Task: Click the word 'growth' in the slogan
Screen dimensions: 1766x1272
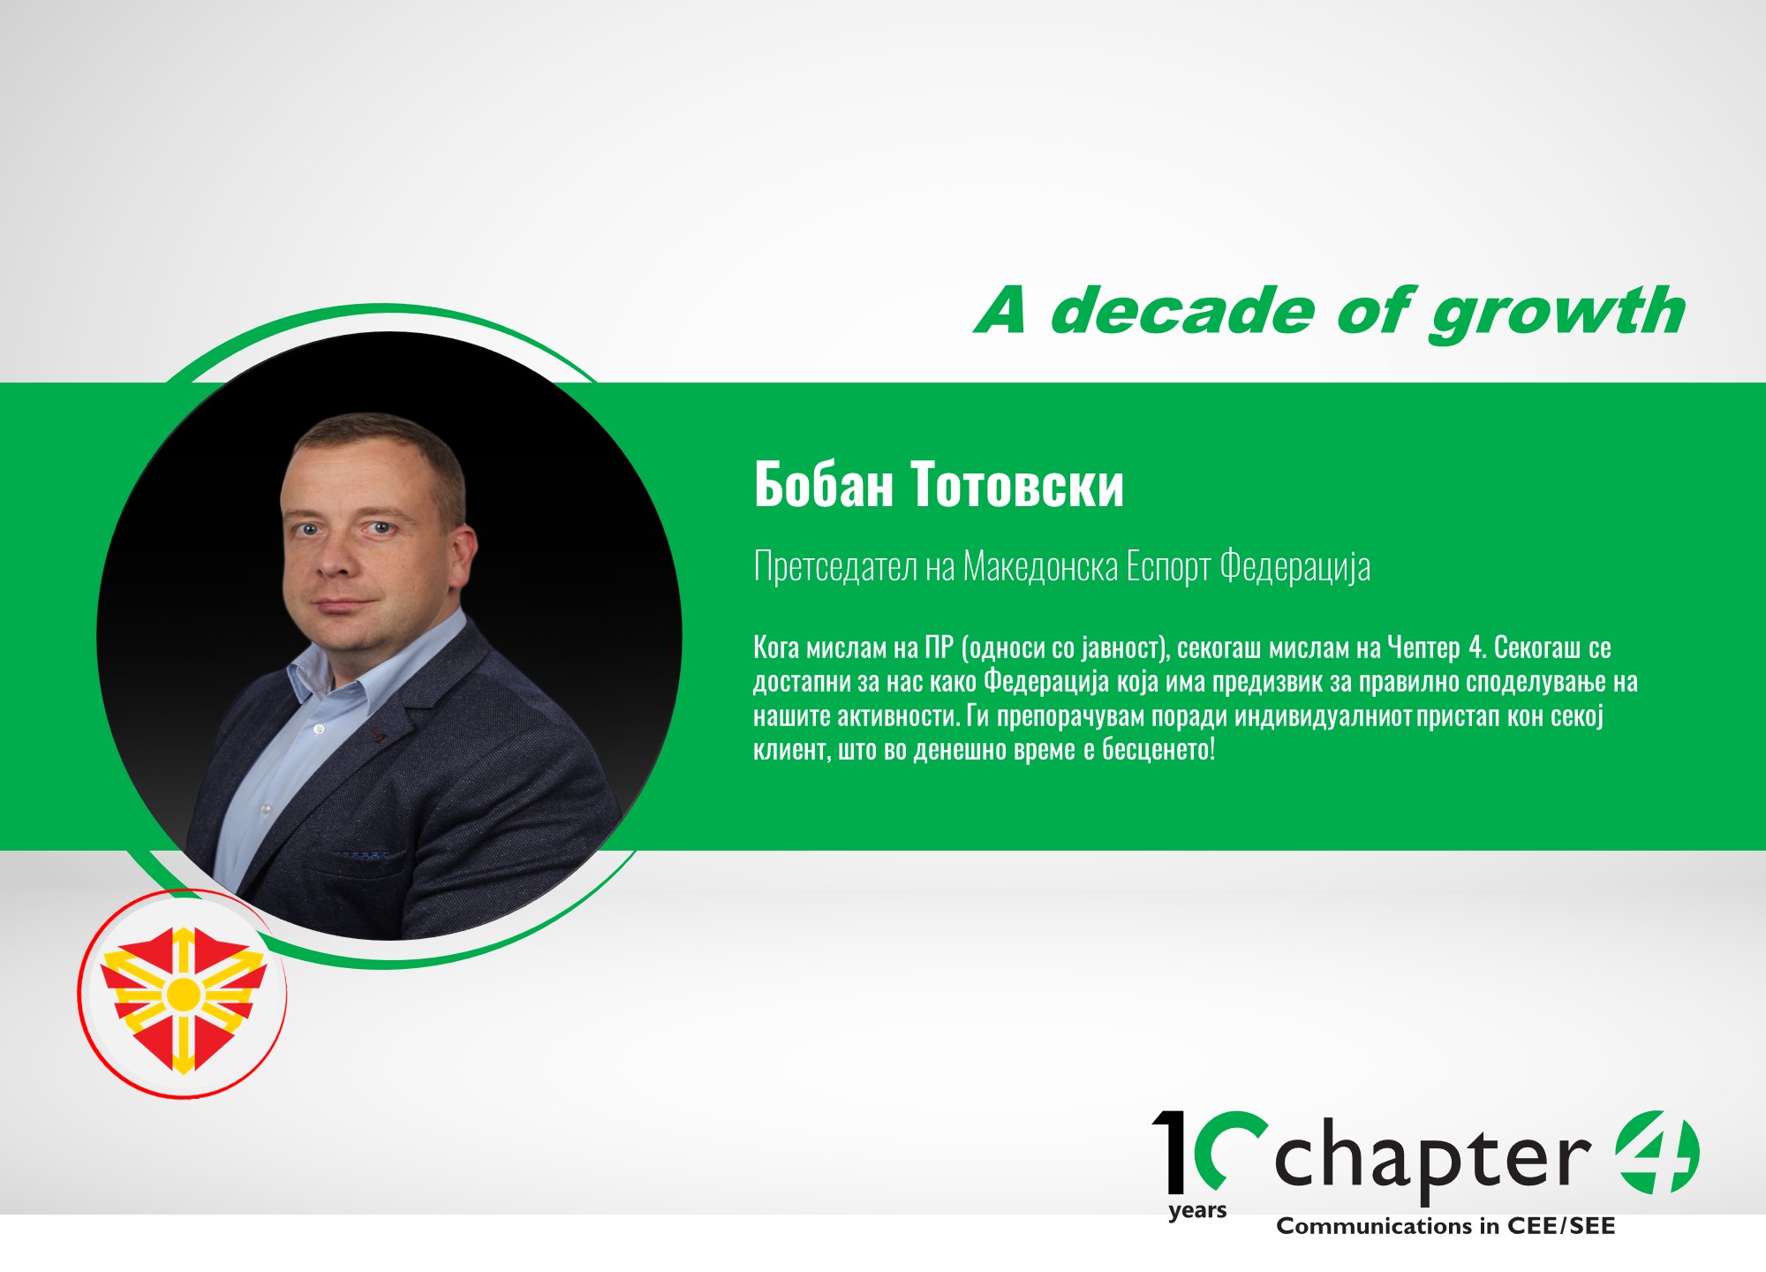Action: (x=1558, y=314)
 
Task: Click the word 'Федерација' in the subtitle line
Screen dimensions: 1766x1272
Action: (x=1295, y=567)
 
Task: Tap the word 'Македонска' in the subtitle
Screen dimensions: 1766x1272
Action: (x=1040, y=567)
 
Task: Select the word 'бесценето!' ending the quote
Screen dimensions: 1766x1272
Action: (x=1158, y=750)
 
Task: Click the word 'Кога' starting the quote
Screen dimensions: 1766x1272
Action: (x=776, y=648)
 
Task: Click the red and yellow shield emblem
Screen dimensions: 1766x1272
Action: (x=184, y=998)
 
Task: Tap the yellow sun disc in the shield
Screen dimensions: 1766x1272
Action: (x=184, y=995)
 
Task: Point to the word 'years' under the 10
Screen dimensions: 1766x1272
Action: (x=1197, y=1211)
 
